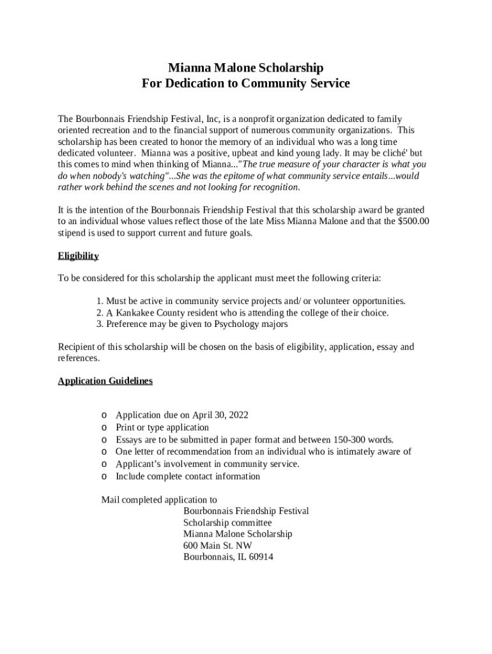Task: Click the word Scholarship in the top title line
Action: pyautogui.click(x=290, y=68)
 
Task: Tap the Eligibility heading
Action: pyautogui.click(x=78, y=256)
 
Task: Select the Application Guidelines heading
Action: pyautogui.click(x=105, y=381)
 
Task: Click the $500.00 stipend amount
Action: pyautogui.click(x=413, y=222)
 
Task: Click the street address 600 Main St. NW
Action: pyautogui.click(x=217, y=545)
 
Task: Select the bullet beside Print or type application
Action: pyautogui.click(x=104, y=428)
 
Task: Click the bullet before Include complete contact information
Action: pyautogui.click(x=104, y=477)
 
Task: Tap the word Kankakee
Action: pyautogui.click(x=137, y=313)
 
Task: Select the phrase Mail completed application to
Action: pyautogui.click(x=159, y=499)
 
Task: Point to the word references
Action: pyautogui.click(x=79, y=358)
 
